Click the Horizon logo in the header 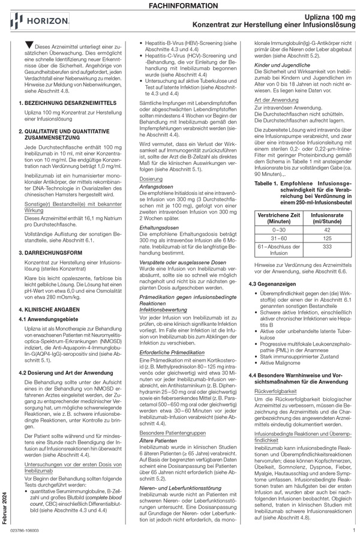coord(36,23)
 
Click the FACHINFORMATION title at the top coord(179,5)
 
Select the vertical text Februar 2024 coord(5,498)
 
